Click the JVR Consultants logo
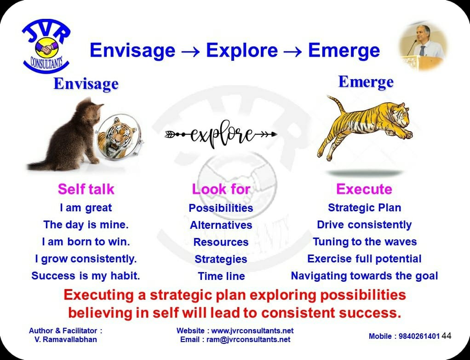46,46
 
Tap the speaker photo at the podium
423,46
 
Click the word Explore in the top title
242,50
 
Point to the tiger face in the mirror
118,137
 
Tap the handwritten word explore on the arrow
221,134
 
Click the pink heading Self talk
86,189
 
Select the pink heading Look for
221,189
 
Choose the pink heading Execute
364,189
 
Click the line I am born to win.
86,242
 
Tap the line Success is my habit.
86,276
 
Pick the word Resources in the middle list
221,242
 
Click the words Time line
221,276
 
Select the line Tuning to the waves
365,242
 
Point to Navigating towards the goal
365,276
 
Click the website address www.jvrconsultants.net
252,331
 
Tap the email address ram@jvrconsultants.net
248,339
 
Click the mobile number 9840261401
419,336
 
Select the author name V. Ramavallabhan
66,339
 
